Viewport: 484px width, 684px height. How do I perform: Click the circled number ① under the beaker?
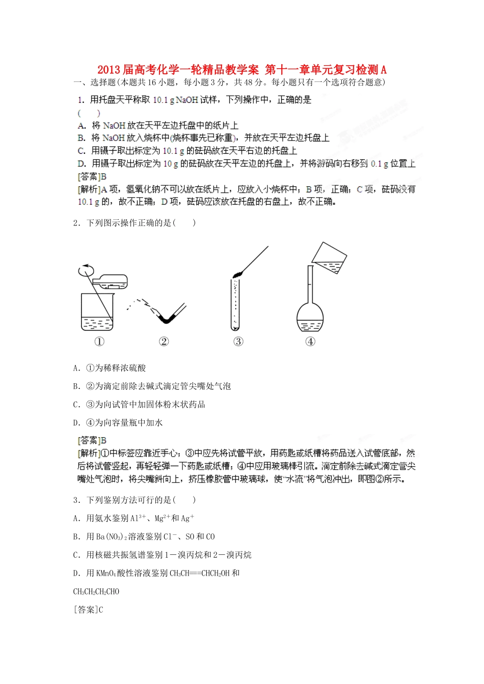point(99,341)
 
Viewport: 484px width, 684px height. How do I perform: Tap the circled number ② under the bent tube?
point(164,341)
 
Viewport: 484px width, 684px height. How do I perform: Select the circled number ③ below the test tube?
point(238,341)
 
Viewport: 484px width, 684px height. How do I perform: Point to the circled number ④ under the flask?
point(310,341)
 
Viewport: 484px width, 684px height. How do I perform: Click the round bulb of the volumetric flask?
point(310,318)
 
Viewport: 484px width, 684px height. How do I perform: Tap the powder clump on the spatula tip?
point(237,274)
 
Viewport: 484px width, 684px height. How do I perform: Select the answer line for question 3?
point(88,609)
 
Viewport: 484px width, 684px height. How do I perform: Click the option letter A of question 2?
point(76,368)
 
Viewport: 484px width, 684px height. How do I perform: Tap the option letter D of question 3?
point(76,573)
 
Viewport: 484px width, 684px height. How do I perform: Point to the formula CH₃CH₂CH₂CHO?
point(96,591)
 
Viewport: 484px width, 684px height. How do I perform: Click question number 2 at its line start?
point(76,223)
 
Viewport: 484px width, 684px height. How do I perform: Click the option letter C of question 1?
point(81,151)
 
